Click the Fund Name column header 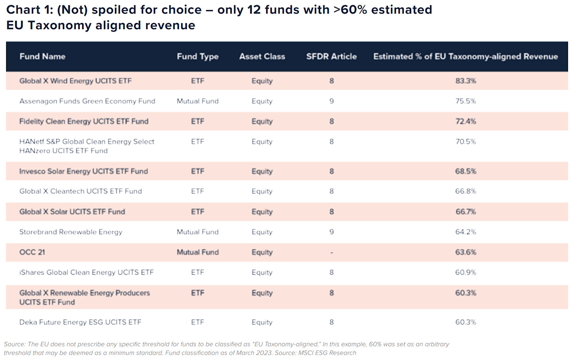tap(42, 57)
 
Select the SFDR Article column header tap(331, 57)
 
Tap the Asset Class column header tap(262, 57)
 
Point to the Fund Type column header tap(198, 57)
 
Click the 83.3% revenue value tap(465, 81)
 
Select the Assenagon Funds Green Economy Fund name tap(87, 101)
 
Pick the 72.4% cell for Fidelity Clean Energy tap(465, 121)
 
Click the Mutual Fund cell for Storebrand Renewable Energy tap(198, 232)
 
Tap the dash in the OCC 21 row tap(331, 252)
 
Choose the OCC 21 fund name tap(32, 252)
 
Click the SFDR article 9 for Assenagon tap(331, 101)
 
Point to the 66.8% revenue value tap(465, 191)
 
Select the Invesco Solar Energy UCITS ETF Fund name tap(83, 171)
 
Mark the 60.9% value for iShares tap(465, 272)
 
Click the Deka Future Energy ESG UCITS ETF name tap(80, 322)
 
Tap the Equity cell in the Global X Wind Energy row tap(262, 81)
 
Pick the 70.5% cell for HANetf tap(465, 142)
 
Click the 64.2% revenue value tap(465, 232)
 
